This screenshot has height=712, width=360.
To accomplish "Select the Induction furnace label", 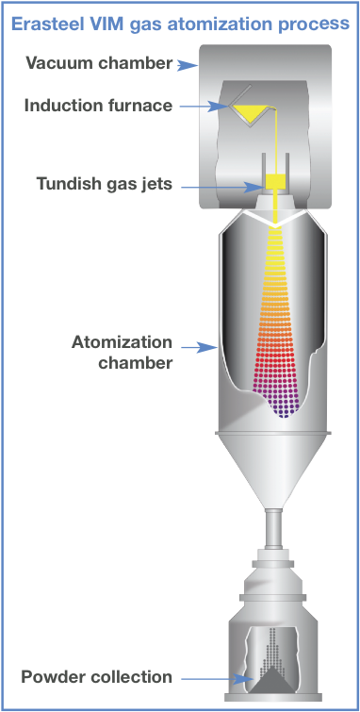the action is (x=98, y=105).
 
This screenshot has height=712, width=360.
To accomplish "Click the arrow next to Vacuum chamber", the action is (x=185, y=65).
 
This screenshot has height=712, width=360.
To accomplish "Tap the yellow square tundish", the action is (x=275, y=181).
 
